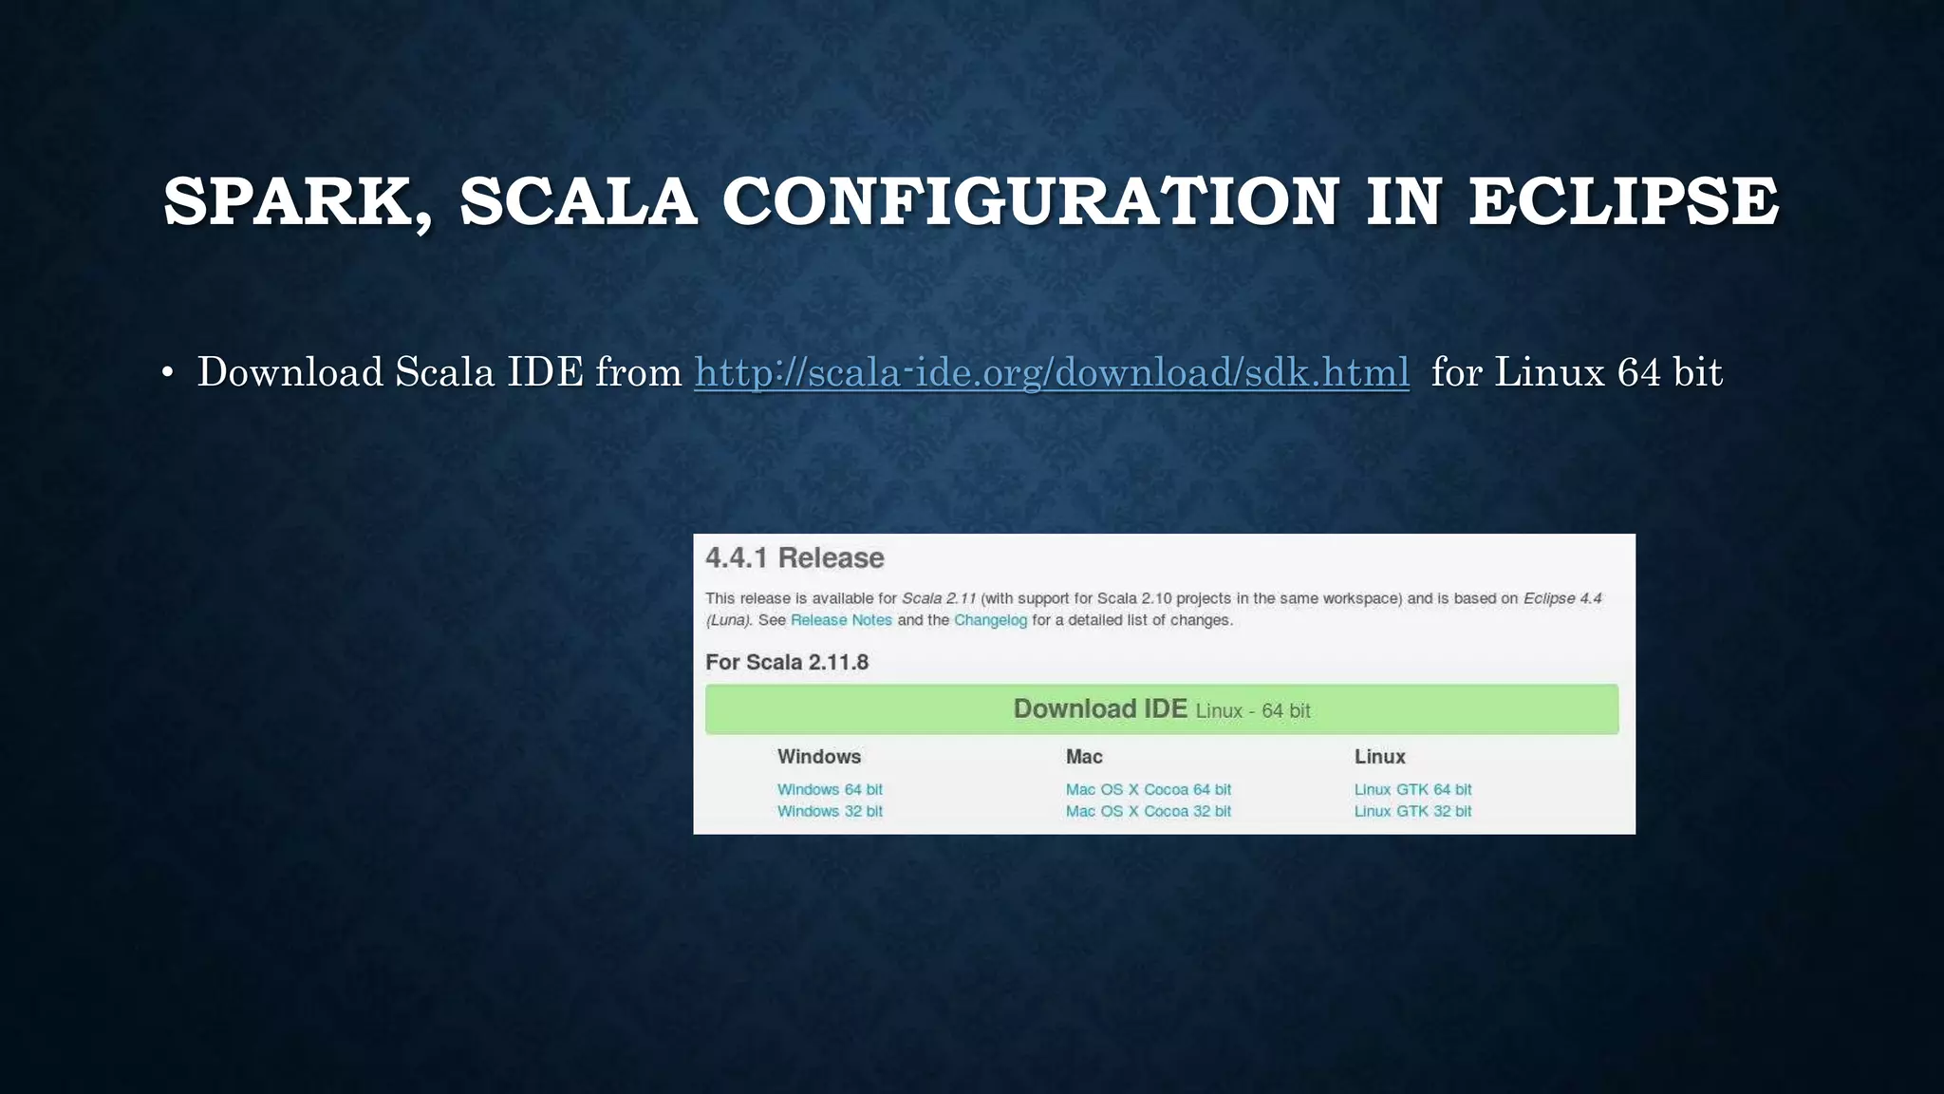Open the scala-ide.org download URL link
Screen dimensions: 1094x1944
coord(1052,372)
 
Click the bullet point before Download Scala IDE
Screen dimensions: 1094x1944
coord(167,373)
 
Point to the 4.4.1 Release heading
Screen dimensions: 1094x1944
coord(794,557)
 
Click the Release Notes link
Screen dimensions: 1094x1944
coord(841,620)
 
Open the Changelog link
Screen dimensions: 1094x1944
coord(990,620)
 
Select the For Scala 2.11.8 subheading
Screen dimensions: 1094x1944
coord(787,662)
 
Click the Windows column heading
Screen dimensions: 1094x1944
coord(819,757)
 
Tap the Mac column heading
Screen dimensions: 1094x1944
coord(1084,757)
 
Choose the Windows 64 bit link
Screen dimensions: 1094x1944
coord(830,789)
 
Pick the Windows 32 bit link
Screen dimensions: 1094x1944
coord(830,811)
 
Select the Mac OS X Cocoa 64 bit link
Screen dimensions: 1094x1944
coord(1148,789)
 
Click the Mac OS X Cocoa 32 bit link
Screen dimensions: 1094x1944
coord(1148,811)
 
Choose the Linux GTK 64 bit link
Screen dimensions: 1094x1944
coord(1412,789)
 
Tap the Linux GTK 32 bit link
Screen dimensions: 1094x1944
coord(1412,811)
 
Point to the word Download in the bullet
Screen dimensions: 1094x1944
coord(290,372)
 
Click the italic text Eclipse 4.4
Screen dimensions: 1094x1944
coord(1562,598)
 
